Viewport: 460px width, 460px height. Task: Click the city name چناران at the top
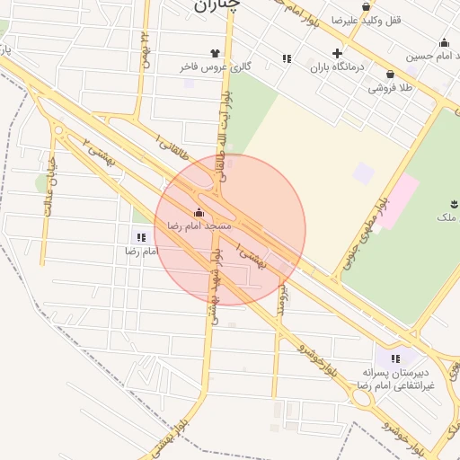tap(217, 5)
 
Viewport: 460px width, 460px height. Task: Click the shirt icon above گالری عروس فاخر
tap(215, 53)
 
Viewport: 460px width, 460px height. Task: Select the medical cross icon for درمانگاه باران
tap(337, 53)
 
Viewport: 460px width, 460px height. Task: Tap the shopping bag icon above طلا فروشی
tap(390, 75)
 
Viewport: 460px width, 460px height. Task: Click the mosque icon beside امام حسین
tap(444, 42)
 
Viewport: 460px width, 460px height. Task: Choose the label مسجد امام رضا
tap(199, 226)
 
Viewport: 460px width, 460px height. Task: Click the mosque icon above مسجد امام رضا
tap(199, 213)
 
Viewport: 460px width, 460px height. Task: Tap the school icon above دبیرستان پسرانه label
tap(395, 358)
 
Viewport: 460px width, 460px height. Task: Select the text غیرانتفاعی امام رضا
tap(396, 385)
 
